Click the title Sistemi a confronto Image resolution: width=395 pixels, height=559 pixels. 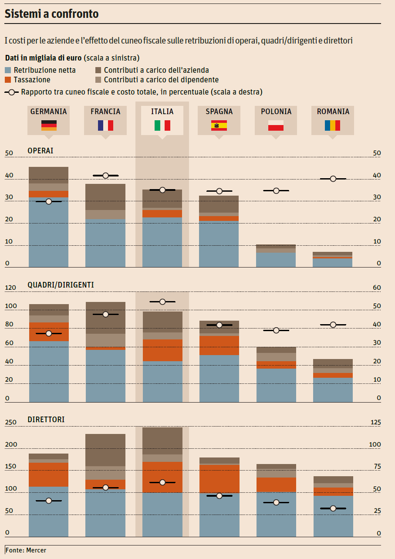(x=51, y=14)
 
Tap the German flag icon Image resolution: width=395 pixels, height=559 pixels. (x=49, y=125)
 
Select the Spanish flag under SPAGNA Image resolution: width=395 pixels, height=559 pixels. (x=219, y=125)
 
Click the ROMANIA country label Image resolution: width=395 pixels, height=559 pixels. (x=333, y=112)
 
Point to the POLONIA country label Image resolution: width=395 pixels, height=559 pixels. (x=276, y=112)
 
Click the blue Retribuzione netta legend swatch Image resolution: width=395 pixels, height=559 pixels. (x=8, y=70)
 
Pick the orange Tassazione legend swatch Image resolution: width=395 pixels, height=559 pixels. (x=8, y=80)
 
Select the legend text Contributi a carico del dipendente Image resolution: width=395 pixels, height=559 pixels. (x=161, y=80)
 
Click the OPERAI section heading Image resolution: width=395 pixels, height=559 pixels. (x=41, y=150)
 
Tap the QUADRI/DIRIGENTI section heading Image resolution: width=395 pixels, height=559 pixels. (x=61, y=285)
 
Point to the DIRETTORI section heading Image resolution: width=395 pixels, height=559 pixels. (x=46, y=419)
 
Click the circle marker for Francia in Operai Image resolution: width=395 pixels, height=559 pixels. (x=105, y=176)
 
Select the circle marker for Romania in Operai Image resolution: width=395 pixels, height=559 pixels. (x=333, y=179)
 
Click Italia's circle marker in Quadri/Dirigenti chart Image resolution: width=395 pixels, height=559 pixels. (x=162, y=302)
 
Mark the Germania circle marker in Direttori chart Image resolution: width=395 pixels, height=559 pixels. (x=48, y=501)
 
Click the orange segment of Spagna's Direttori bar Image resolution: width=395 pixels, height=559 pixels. (x=219, y=478)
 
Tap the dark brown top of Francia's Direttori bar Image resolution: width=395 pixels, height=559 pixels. (x=105, y=450)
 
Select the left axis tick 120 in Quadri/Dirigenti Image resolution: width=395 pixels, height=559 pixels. (x=10, y=288)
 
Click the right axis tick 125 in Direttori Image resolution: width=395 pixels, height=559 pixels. (x=375, y=422)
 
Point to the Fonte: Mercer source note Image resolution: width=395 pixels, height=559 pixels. (x=26, y=550)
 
